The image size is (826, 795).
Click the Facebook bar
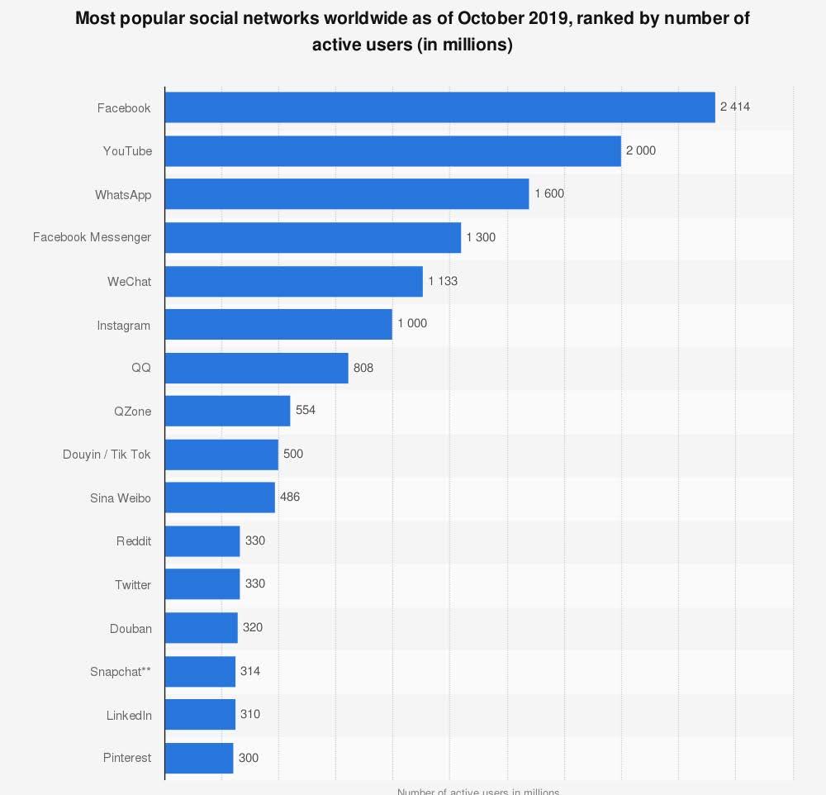point(439,107)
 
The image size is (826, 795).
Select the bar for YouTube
point(392,151)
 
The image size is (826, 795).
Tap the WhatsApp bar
point(347,194)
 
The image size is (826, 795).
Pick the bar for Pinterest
point(199,758)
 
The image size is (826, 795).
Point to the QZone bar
point(227,411)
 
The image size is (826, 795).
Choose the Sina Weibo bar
point(220,497)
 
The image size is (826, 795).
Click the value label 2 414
point(734,107)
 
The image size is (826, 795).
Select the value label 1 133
point(443,281)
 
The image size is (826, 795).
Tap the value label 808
point(363,368)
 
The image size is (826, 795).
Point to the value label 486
point(290,497)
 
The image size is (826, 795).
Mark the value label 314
point(250,671)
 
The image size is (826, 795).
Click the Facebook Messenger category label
point(92,238)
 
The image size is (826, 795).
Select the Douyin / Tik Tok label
point(107,455)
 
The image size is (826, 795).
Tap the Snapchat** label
point(121,672)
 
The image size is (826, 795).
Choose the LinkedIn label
point(129,715)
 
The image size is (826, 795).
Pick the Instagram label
point(124,326)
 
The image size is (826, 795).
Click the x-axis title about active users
point(478,790)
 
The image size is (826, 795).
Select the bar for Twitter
point(202,584)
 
